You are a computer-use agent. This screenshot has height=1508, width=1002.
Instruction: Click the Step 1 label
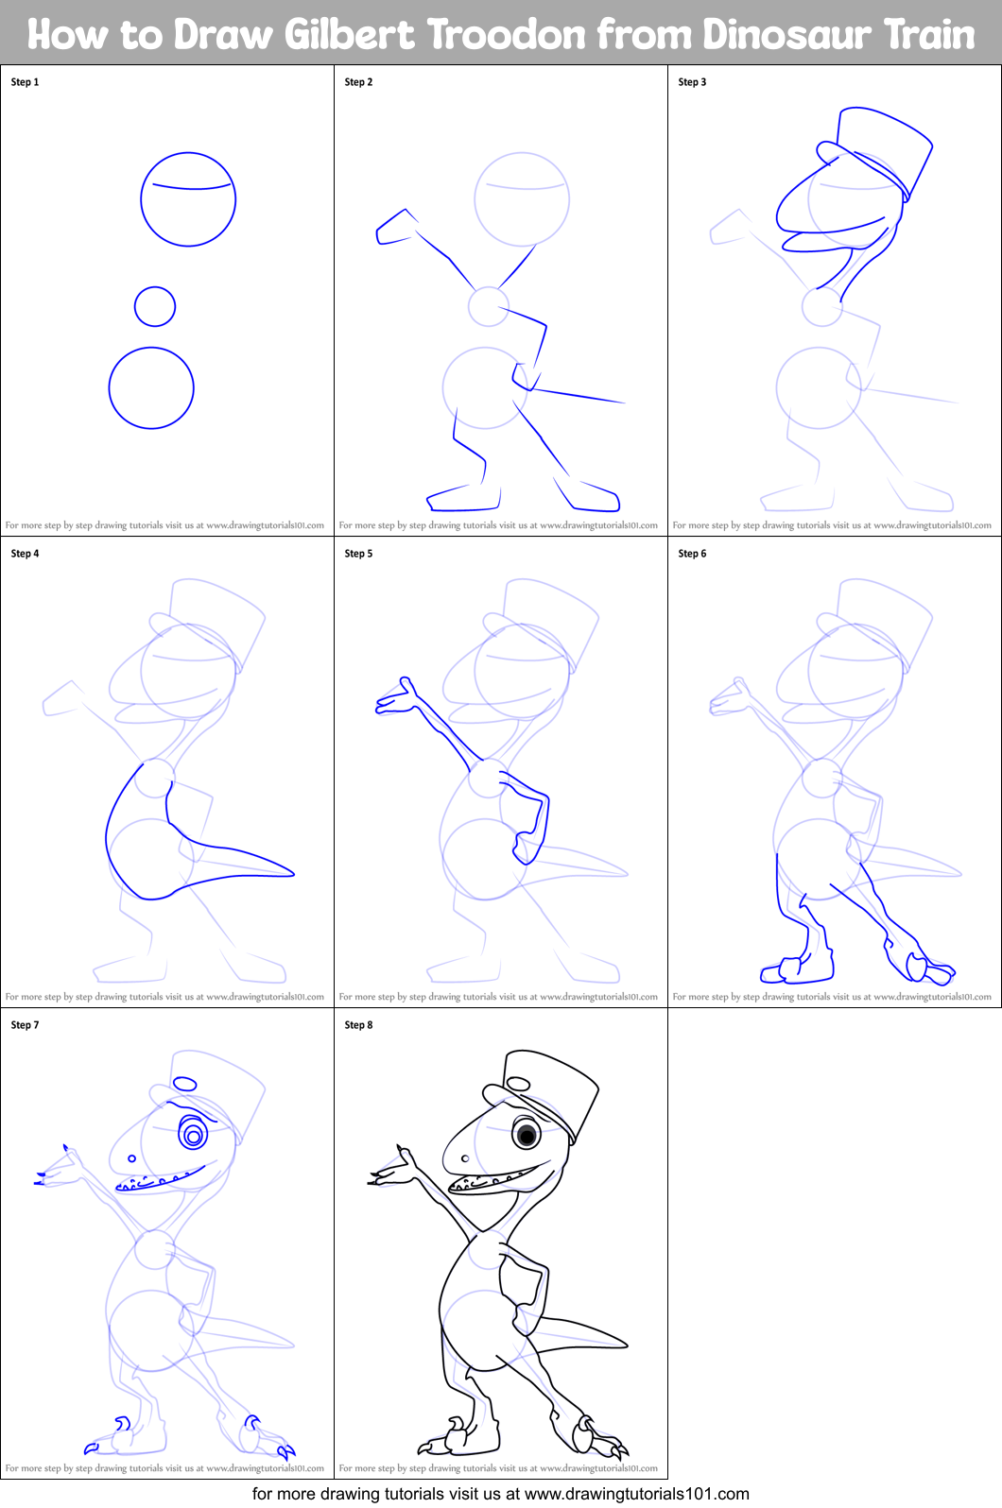click(x=25, y=82)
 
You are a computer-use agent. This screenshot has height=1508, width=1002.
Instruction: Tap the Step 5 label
click(x=358, y=554)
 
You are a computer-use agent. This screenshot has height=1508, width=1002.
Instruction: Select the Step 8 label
click(x=358, y=1025)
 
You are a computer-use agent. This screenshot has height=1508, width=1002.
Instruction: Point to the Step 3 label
click(x=692, y=82)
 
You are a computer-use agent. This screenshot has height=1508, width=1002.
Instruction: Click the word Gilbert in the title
click(x=349, y=35)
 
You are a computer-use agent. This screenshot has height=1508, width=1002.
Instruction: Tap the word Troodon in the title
click(x=508, y=35)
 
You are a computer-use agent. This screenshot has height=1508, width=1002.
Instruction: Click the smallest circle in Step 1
click(x=155, y=306)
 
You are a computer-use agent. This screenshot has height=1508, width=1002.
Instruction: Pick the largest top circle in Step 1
click(x=188, y=199)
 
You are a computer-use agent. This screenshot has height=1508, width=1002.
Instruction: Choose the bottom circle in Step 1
click(x=151, y=388)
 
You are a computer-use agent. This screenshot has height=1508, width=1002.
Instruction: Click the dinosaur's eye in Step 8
click(x=527, y=1134)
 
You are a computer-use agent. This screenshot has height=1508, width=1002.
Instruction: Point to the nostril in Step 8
click(x=465, y=1158)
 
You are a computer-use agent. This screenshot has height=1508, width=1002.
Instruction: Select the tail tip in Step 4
click(x=290, y=873)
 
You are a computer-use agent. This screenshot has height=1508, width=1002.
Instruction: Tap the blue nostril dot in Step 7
click(x=131, y=1158)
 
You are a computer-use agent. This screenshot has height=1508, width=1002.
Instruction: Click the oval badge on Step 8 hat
click(x=518, y=1084)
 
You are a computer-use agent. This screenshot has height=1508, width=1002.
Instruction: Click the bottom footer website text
click(x=500, y=1494)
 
